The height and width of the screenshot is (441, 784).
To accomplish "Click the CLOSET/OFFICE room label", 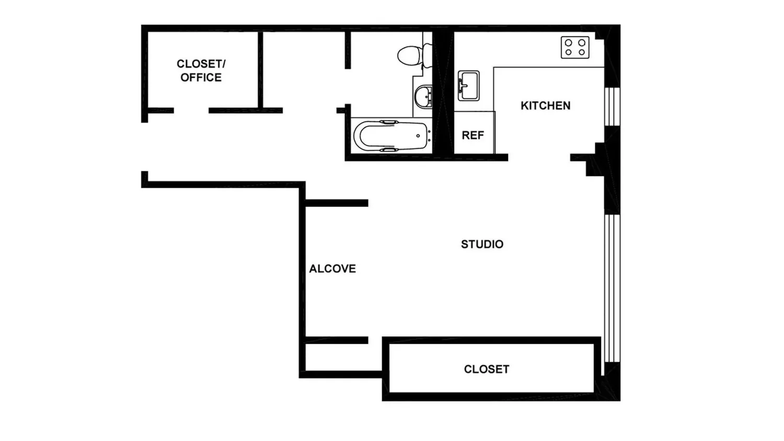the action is [201, 71].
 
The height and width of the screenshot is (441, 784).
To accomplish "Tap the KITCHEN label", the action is [545, 106].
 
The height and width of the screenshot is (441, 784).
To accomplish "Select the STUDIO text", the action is [482, 245].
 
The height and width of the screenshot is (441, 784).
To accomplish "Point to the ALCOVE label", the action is [332, 269].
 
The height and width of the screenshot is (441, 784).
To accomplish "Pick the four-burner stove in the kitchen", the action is [575, 47].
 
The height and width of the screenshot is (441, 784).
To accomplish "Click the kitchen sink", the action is [469, 86].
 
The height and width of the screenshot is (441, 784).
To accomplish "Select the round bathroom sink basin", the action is [423, 96].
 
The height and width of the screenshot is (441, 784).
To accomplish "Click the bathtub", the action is [391, 136].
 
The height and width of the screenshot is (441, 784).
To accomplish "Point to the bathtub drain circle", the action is [418, 136].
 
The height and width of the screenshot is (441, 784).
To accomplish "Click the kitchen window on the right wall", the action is [612, 107].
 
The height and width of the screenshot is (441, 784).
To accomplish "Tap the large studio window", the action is [612, 288].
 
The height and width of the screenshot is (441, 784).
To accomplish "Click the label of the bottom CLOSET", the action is [487, 369].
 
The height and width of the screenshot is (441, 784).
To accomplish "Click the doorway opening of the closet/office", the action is [191, 111].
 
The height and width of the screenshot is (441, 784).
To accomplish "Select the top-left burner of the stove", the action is [569, 43].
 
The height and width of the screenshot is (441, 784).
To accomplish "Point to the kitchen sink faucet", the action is [462, 86].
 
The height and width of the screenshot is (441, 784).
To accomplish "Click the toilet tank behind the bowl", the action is [428, 55].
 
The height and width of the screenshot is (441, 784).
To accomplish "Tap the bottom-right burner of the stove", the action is [582, 52].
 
